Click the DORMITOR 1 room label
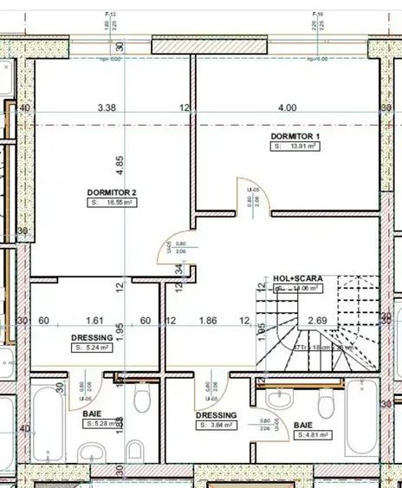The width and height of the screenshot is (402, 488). coord(295,137)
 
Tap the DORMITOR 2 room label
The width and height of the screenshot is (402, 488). coord(112,192)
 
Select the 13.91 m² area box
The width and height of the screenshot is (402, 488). coord(295,147)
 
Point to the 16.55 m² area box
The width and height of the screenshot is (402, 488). coord(112,202)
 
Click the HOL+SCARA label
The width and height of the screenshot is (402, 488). coord(297,278)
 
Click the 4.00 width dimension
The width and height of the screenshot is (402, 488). coord(287,108)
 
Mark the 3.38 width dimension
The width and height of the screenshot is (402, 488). coord(107,108)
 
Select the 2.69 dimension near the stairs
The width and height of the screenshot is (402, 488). coord(317,321)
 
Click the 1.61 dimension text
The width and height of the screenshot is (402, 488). coord(95,321)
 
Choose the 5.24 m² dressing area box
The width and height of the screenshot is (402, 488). coord(93,348)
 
